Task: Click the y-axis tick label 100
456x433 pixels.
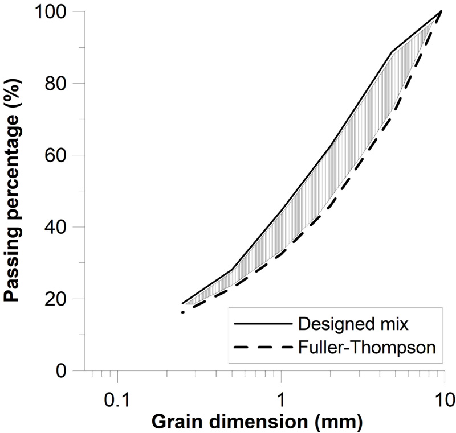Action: point(56,12)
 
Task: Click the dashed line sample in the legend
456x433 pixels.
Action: point(263,347)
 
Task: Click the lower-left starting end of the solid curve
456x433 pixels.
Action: point(182,303)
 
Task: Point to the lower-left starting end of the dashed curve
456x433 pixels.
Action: point(183,312)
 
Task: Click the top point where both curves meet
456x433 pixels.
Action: point(442,11)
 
